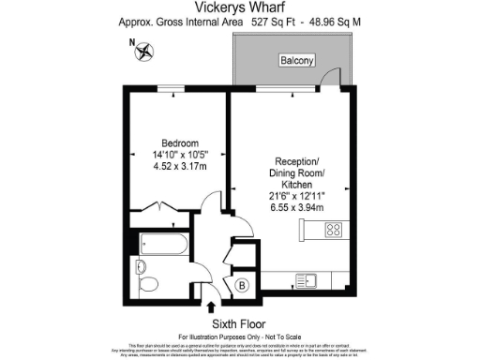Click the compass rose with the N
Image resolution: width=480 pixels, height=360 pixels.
(144, 52)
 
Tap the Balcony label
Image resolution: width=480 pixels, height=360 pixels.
(295, 61)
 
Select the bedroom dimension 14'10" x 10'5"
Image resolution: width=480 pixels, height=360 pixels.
(175, 157)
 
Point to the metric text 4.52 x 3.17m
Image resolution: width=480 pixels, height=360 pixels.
(175, 169)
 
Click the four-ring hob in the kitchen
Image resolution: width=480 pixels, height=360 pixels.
(334, 230)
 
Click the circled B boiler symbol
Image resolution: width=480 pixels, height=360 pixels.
(241, 286)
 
